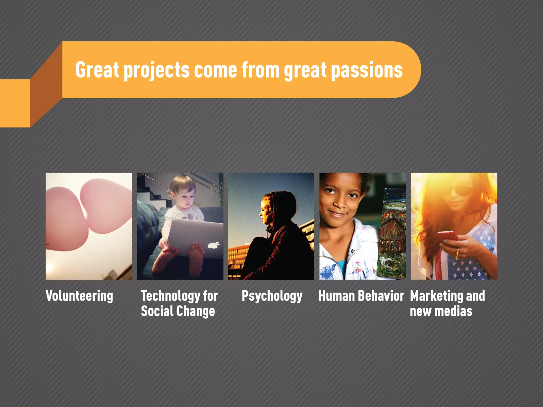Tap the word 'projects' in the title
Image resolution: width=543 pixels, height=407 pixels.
tap(157, 70)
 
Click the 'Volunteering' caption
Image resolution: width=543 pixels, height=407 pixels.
tap(79, 296)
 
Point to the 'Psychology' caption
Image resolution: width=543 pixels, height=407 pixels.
tap(272, 296)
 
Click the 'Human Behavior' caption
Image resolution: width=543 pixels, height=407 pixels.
tap(361, 296)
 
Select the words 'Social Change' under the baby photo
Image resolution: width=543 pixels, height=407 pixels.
tap(178, 311)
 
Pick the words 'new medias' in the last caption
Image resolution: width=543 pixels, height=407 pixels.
tap(441, 311)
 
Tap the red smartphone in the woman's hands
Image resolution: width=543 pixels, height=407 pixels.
tap(448, 235)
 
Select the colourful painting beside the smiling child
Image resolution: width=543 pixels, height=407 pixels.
tap(393, 233)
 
